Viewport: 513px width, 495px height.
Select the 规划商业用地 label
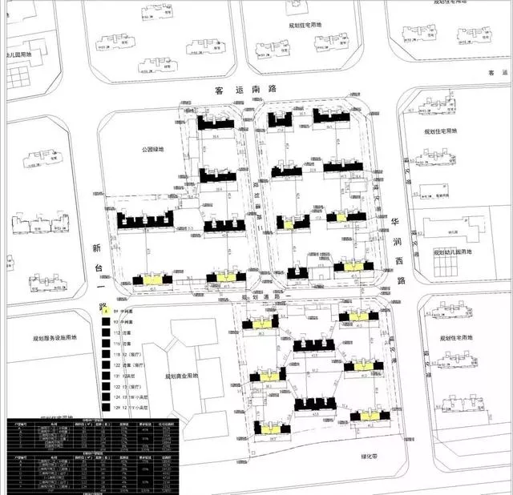(x=182, y=376)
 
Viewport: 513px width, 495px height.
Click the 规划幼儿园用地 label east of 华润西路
(x=454, y=253)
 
